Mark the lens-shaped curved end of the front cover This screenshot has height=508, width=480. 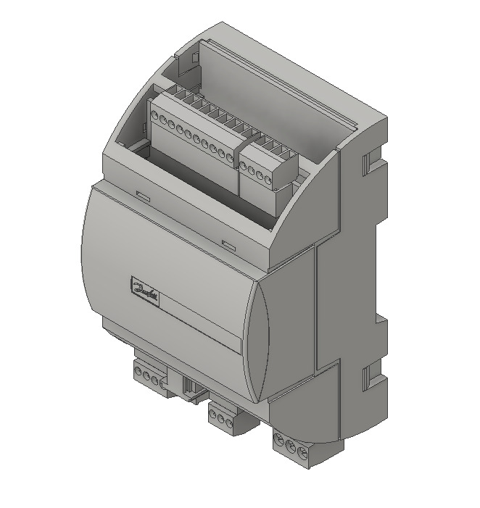click(257, 341)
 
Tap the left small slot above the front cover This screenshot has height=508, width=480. click(143, 195)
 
